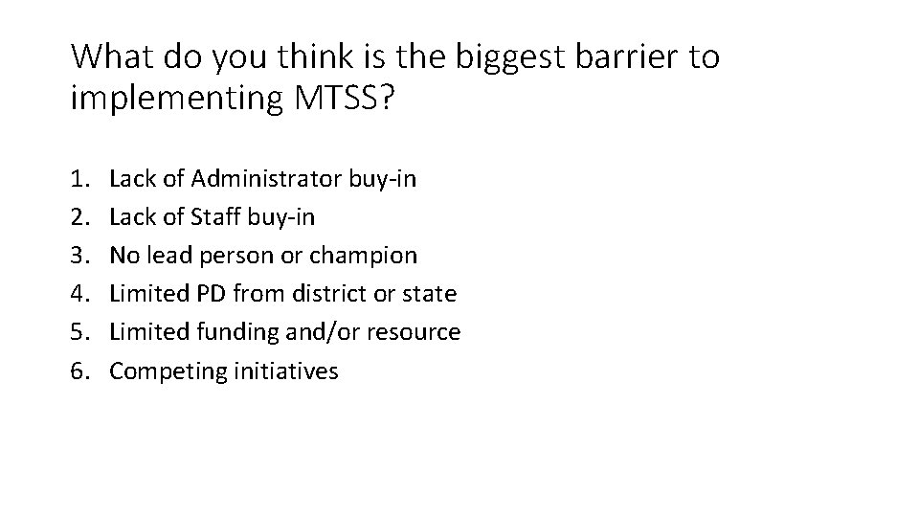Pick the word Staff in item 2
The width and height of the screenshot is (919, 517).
tap(216, 217)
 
